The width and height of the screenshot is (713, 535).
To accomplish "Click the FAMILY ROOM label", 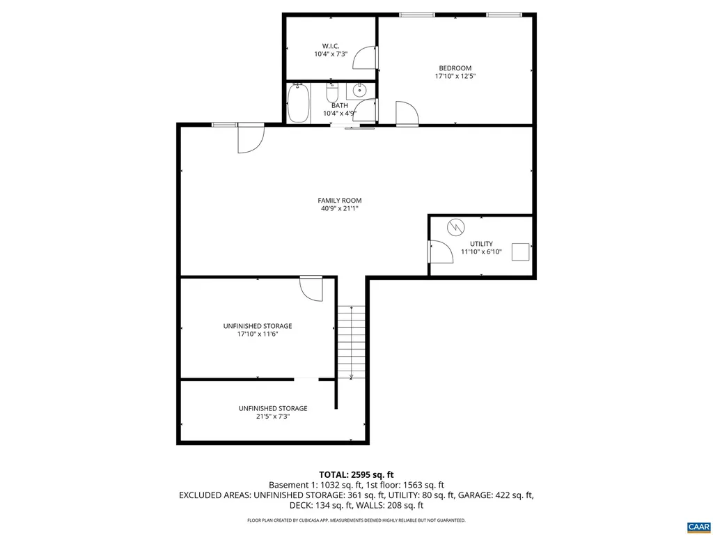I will [340, 201].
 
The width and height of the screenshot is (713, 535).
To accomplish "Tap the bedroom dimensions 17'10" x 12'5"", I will [455, 76].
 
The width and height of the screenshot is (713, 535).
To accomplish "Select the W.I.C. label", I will [331, 46].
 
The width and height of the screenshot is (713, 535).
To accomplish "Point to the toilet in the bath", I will [332, 91].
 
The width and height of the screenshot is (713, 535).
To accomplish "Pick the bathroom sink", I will [360, 90].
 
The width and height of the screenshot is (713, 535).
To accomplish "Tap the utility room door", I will [439, 251].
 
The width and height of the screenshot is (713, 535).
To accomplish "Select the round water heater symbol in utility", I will [455, 227].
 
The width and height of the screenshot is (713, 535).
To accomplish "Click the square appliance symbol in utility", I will [520, 251].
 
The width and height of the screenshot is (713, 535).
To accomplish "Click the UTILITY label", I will [481, 244].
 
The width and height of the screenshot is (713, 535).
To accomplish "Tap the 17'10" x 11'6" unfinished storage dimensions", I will [258, 334].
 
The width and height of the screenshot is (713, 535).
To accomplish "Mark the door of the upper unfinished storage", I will [311, 288].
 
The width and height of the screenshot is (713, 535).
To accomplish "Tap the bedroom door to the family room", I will [407, 114].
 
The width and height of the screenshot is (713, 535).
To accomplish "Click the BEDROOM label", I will [455, 68].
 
